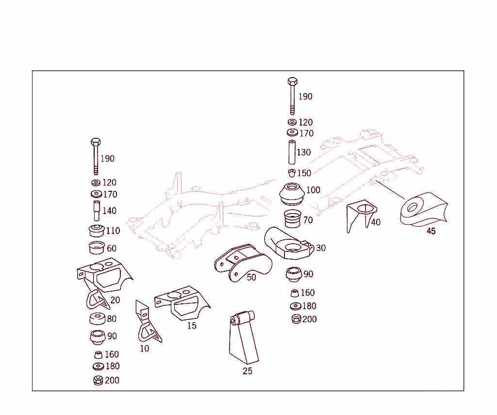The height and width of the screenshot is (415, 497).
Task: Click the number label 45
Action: [431, 232]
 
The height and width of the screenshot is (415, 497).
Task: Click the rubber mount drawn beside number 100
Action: [293, 194]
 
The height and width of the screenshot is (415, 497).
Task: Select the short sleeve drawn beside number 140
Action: [97, 211]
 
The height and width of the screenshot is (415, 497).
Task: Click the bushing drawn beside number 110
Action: [97, 231]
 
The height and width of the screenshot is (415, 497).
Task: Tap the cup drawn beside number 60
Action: [97, 248]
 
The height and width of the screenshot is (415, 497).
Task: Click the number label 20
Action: [115, 300]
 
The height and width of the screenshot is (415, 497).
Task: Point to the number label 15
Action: [192, 326]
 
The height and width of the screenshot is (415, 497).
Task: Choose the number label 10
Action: [145, 348]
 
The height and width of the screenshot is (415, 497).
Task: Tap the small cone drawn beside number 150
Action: [292, 173]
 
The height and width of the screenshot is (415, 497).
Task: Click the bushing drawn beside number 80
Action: [97, 319]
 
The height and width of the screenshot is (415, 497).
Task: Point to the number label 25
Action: [248, 371]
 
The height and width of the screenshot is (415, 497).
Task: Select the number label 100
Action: [313, 190]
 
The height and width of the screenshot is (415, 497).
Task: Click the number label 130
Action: [304, 152]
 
